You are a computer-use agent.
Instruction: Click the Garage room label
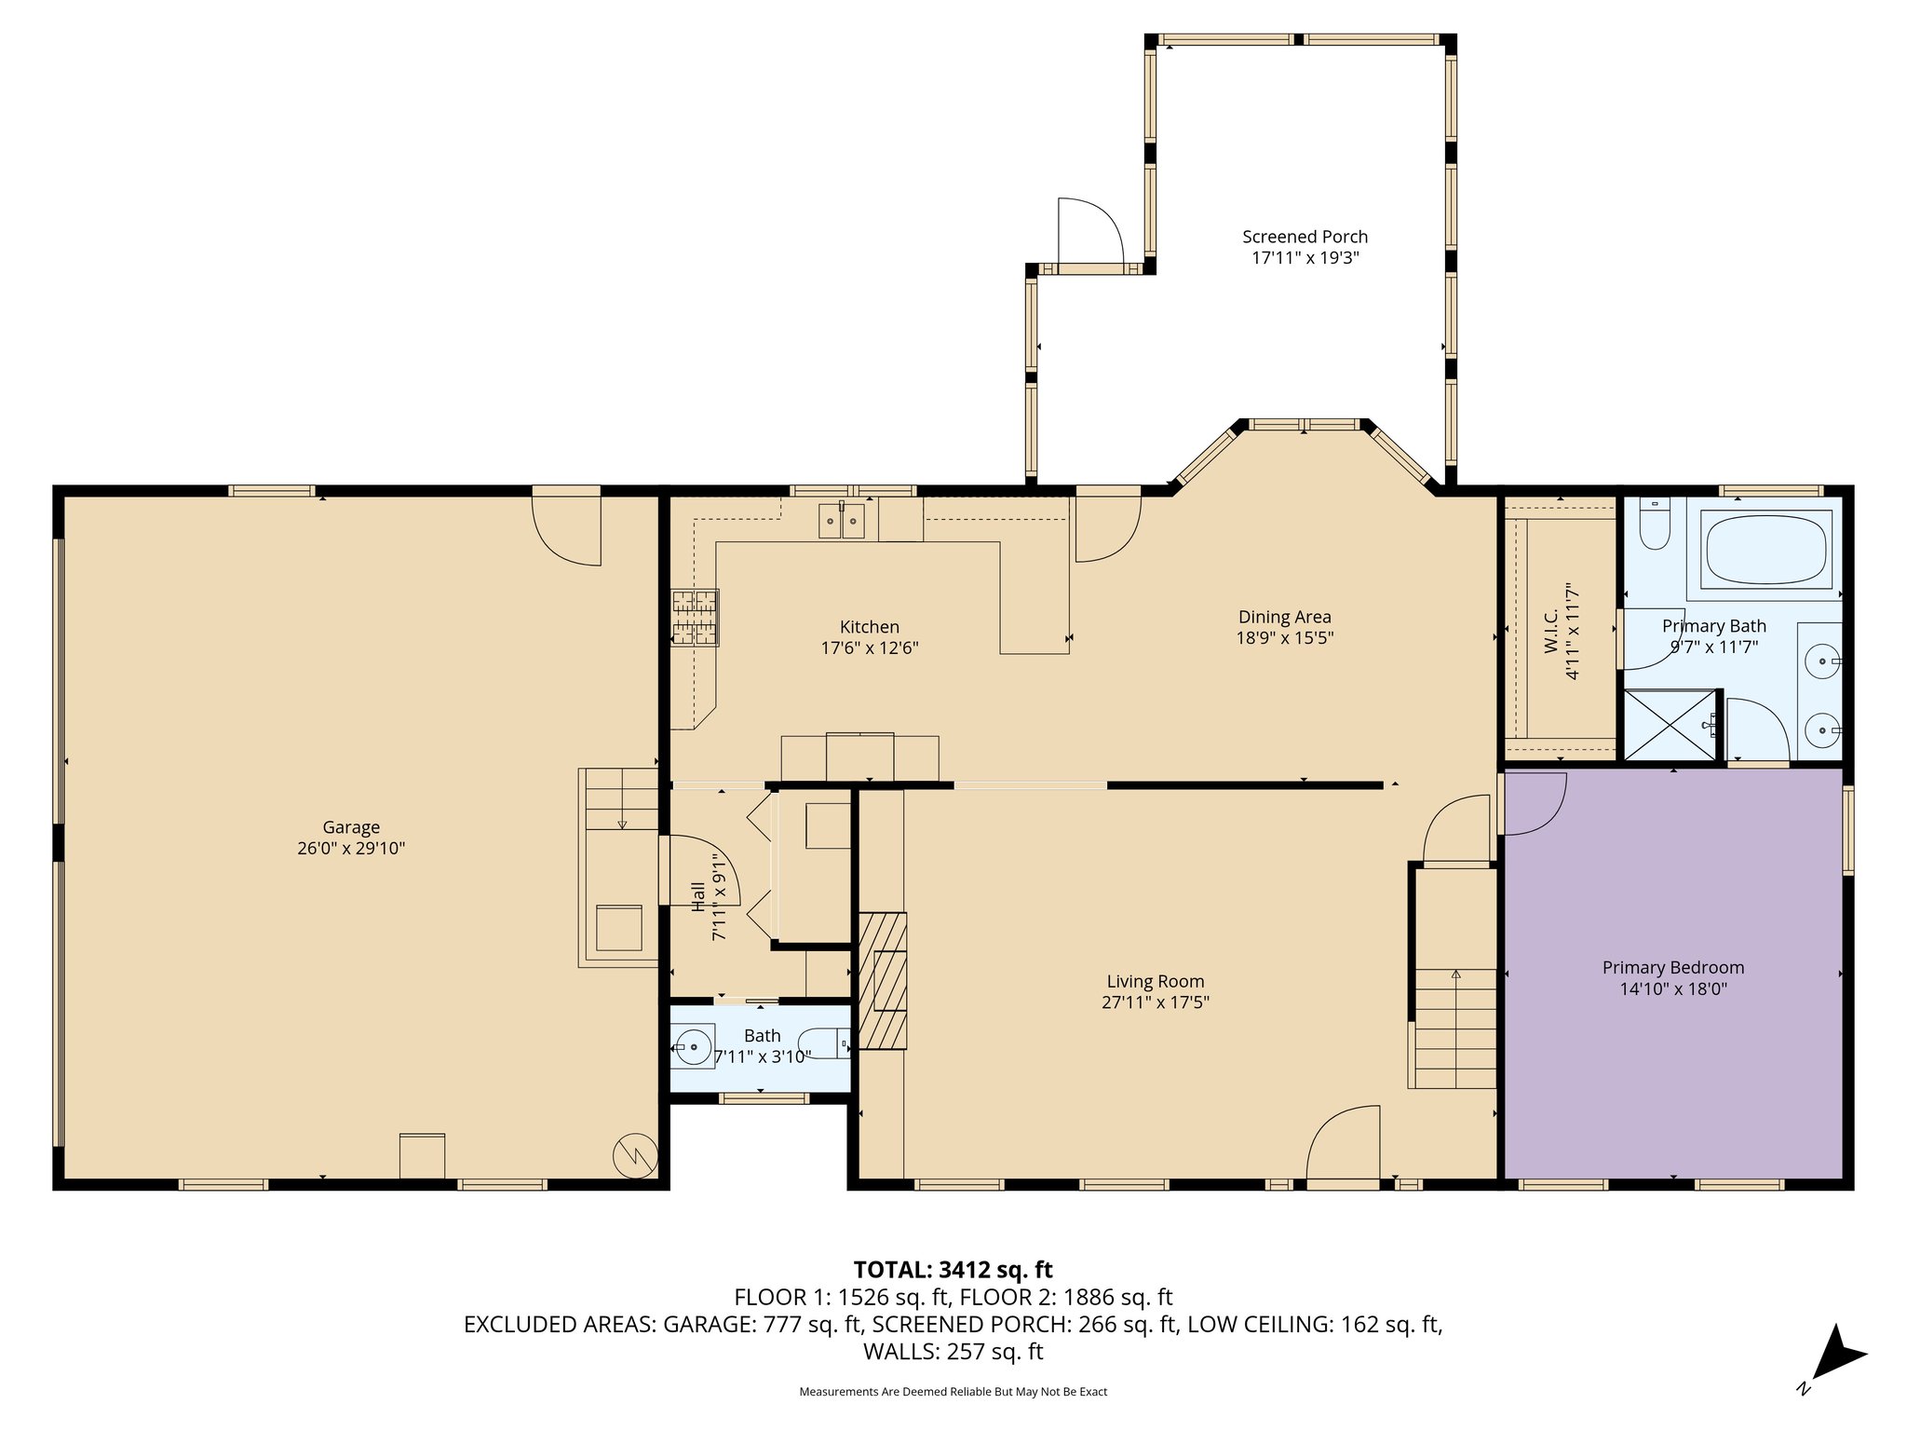(x=351, y=826)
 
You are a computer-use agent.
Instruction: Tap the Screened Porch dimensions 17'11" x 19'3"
(x=1305, y=258)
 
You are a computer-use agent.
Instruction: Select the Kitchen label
(x=870, y=627)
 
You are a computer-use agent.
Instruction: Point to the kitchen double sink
(x=843, y=522)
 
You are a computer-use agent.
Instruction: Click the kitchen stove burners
(x=695, y=618)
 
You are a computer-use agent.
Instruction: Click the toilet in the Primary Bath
(x=1655, y=525)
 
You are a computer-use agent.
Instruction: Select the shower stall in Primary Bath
(x=1670, y=725)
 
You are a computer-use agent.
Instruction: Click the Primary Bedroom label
(x=1673, y=967)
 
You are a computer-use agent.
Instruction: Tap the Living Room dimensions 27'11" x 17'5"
(x=1155, y=1002)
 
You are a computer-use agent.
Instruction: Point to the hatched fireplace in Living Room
(x=882, y=981)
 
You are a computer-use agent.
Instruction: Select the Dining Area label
(x=1284, y=617)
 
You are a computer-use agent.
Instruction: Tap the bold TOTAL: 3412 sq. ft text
(x=953, y=1269)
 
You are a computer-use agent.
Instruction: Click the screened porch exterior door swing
(x=1091, y=232)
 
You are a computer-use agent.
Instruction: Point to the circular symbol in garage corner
(x=635, y=1157)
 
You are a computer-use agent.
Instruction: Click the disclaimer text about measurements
(x=953, y=1392)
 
